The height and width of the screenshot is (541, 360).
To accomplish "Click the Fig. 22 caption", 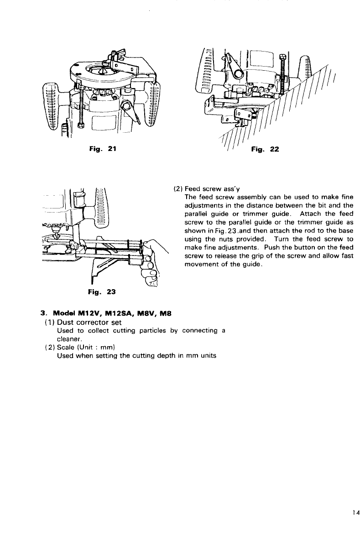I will (x=265, y=149).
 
